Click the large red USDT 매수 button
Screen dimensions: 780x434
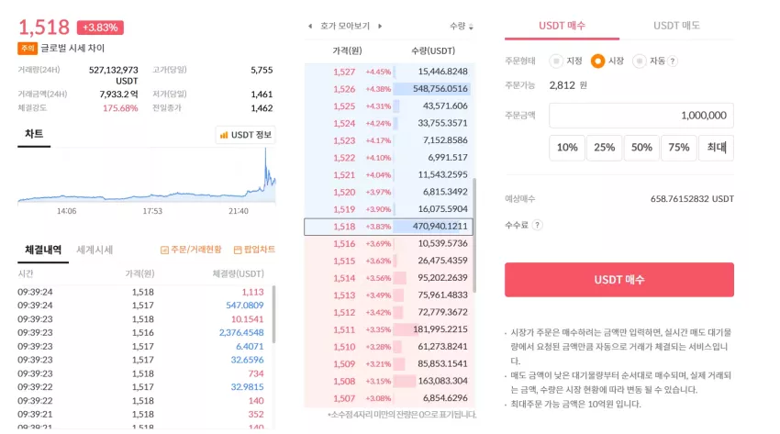(x=618, y=279)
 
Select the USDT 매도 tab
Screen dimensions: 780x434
(x=676, y=26)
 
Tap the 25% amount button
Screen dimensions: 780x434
(x=604, y=147)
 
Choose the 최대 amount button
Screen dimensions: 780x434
(x=717, y=147)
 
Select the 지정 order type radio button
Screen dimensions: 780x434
(x=556, y=61)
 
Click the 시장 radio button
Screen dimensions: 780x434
(x=597, y=61)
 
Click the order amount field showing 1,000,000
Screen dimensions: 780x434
(x=641, y=116)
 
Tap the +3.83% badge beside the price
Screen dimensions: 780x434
(x=100, y=28)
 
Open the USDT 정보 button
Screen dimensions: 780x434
(x=246, y=135)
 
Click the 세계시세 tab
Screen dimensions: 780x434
(x=95, y=250)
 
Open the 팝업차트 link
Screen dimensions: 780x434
(x=254, y=250)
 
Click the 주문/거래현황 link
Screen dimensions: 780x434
(x=191, y=250)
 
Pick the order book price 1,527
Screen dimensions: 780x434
(x=344, y=72)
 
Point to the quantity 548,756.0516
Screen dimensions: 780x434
(x=440, y=88)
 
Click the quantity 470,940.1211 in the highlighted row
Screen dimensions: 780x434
(x=440, y=227)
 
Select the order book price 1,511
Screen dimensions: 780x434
(x=344, y=329)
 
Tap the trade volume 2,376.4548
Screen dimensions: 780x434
(x=241, y=332)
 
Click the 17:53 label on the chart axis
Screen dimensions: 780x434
(x=152, y=211)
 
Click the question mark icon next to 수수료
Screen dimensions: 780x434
(x=537, y=225)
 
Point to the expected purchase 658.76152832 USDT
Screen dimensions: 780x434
(x=692, y=199)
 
